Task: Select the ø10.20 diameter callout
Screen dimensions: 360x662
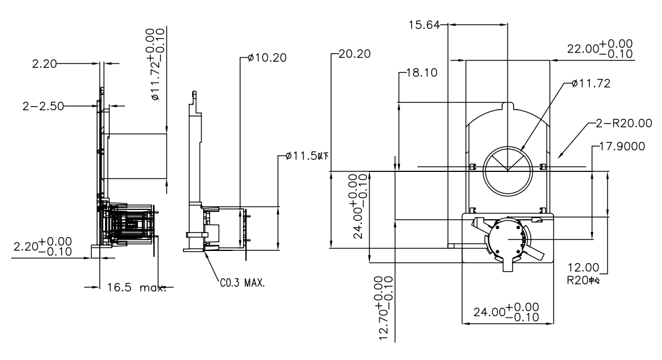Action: point(267,58)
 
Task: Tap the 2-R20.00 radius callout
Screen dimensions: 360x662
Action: point(627,123)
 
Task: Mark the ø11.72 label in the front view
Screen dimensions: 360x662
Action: point(590,84)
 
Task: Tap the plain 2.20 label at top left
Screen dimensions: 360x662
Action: point(46,64)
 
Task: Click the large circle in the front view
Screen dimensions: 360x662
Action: point(507,170)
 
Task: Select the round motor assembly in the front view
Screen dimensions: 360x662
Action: point(508,238)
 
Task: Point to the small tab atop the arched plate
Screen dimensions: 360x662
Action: point(508,107)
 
